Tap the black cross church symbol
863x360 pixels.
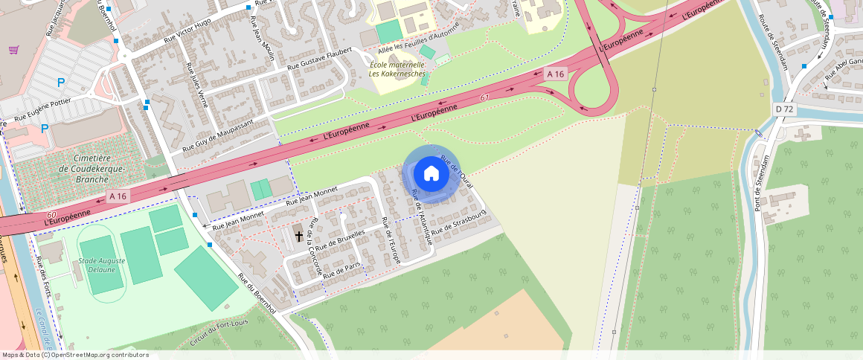pyautogui.click(x=299, y=236)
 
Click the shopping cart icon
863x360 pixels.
pyautogui.click(x=13, y=50)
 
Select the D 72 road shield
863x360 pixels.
pyautogui.click(x=784, y=109)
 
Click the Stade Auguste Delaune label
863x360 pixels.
pyautogui.click(x=102, y=265)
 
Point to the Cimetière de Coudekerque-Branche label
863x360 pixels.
pyautogui.click(x=92, y=168)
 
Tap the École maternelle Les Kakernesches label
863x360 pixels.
pyautogui.click(x=397, y=69)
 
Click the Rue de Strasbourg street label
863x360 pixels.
pyautogui.click(x=458, y=222)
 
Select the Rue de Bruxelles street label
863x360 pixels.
pyautogui.click(x=340, y=240)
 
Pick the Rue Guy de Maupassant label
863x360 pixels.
pyautogui.click(x=218, y=135)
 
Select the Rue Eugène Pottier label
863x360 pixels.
pyautogui.click(x=42, y=109)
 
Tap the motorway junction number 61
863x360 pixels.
pyautogui.click(x=484, y=97)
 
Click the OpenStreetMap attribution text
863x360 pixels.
pyautogui.click(x=76, y=355)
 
